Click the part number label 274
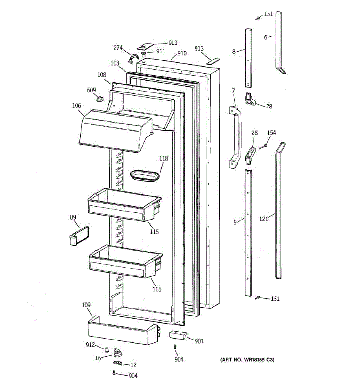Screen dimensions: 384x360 coord(118,48)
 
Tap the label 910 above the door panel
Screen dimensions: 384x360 coord(182,53)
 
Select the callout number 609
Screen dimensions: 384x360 coord(92,90)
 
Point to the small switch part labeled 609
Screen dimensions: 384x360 coord(100,99)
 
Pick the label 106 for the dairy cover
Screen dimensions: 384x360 coord(76,106)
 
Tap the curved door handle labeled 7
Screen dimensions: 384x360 coord(236,138)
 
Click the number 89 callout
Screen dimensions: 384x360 coord(73,217)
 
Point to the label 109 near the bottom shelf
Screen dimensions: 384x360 coord(86,305)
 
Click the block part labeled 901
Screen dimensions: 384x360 coord(178,335)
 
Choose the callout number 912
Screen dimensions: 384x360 coord(90,345)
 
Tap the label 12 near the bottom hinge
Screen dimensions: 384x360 coord(133,365)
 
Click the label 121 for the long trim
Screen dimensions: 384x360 coord(264,219)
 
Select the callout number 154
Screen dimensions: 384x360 coord(271,133)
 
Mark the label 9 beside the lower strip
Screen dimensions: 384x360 coord(235,222)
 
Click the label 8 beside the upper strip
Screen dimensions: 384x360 coord(234,51)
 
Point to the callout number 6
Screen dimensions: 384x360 coord(266,37)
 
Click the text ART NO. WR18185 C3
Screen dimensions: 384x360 coord(247,360)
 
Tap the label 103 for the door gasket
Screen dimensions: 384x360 coord(115,63)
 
